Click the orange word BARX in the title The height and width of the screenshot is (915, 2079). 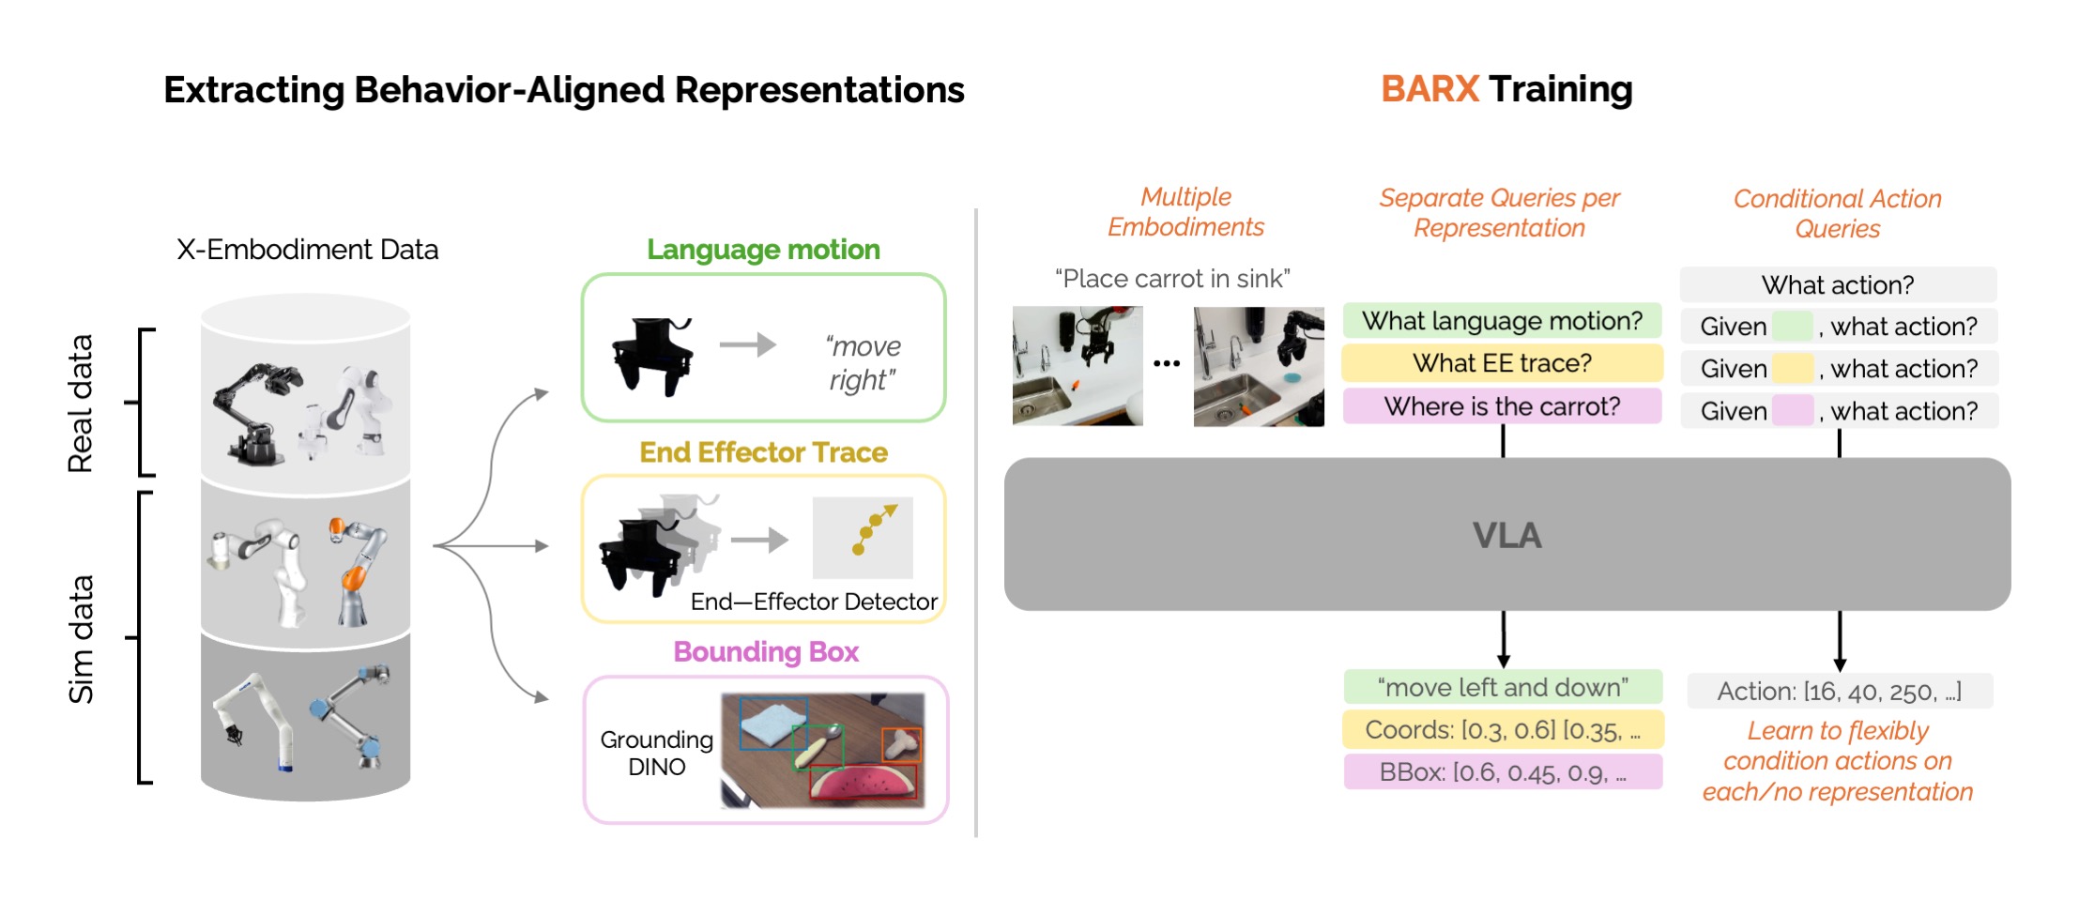point(1429,89)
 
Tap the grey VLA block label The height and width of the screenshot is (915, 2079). point(1506,536)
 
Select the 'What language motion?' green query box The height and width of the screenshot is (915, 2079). point(1502,321)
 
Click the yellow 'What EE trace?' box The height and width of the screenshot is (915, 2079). point(1502,363)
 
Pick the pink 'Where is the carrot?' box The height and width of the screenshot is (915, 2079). point(1502,406)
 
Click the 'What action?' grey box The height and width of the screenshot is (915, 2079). point(1837,284)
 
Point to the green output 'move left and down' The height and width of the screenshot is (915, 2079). point(1503,687)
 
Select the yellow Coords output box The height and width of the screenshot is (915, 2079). point(1503,729)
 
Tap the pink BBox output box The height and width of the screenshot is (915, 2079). point(1503,772)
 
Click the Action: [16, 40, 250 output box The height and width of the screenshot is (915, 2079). point(1839,692)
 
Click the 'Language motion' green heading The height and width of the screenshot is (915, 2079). point(763,250)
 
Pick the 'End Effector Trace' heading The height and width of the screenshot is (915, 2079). point(763,452)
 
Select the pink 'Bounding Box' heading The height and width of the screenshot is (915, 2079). point(766,652)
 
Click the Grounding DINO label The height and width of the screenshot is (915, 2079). point(656,754)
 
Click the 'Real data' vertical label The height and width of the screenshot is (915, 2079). point(81,404)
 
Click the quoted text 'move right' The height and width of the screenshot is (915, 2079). point(863,363)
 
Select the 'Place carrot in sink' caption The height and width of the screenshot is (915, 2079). point(1172,279)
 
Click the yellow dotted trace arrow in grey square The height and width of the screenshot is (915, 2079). point(874,528)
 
